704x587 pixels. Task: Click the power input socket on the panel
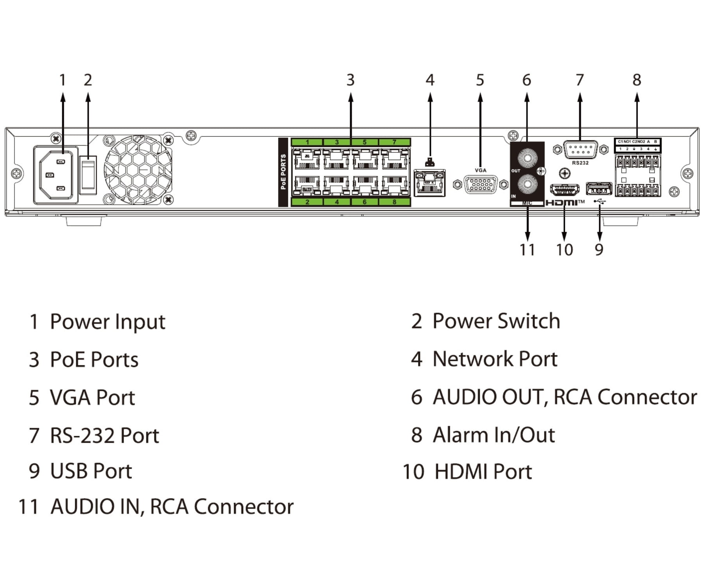(56, 175)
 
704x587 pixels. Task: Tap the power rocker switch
(88, 175)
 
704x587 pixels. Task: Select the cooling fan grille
(138, 170)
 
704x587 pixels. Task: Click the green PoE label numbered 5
(365, 142)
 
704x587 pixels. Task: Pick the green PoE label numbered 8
(394, 202)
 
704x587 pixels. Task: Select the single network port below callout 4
(429, 183)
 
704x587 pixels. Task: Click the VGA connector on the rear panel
(480, 184)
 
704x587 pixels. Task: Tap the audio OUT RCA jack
(527, 158)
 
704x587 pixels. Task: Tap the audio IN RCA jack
(527, 184)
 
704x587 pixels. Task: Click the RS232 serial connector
(580, 149)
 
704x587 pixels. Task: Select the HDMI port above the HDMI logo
(564, 189)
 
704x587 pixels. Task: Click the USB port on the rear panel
(598, 189)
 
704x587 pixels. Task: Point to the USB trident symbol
(599, 202)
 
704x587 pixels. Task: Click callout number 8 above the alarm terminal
(637, 80)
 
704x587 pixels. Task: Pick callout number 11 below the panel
(527, 250)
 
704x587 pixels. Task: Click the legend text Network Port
(495, 359)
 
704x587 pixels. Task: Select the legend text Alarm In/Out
(494, 435)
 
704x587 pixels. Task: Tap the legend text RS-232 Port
(104, 436)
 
